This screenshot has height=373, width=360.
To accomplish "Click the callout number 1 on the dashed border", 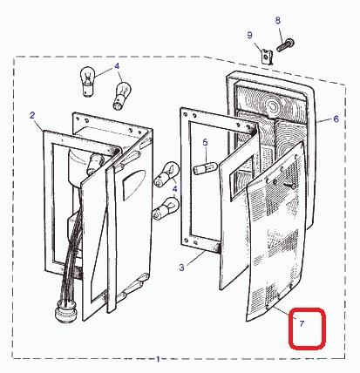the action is click(x=159, y=359).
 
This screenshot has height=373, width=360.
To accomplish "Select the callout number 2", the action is click(x=32, y=115).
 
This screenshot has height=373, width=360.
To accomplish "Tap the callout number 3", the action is click(x=181, y=268).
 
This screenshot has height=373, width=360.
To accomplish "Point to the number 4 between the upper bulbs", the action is click(x=117, y=66).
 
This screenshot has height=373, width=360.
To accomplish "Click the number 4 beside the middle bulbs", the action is click(x=175, y=189).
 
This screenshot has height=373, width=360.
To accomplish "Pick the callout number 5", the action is click(x=206, y=143).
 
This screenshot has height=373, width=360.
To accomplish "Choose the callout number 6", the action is click(x=336, y=119).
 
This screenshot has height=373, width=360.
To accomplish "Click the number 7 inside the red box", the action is click(x=302, y=323).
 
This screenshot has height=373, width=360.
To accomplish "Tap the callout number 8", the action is click(x=278, y=20).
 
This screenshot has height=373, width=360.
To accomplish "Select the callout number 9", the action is click(x=250, y=36).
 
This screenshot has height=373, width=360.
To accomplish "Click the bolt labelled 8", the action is click(x=285, y=45).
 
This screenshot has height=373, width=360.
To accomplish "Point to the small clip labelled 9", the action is click(x=267, y=57).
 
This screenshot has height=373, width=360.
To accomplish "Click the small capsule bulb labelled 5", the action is click(x=206, y=168).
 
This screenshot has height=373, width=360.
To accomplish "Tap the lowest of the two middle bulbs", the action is click(x=166, y=208).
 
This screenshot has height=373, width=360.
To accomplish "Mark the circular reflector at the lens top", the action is click(x=273, y=106).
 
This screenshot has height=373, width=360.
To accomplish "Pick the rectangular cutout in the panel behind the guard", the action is click(x=241, y=178).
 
